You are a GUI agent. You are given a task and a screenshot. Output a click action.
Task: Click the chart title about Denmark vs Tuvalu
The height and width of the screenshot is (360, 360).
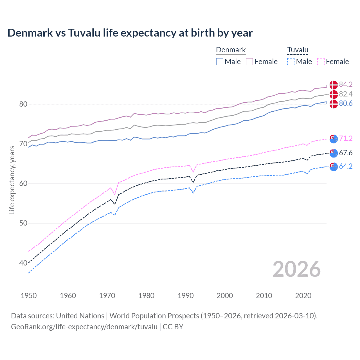click(x=130, y=33)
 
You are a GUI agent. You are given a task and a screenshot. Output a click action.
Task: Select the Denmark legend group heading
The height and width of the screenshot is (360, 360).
click(x=231, y=50)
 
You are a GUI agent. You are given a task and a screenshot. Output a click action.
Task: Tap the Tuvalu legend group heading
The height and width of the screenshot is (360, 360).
click(x=298, y=50)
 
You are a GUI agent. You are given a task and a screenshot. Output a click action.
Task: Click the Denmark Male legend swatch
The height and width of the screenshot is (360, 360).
click(x=220, y=62)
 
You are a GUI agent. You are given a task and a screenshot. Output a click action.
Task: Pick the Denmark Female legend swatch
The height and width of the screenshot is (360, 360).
click(x=249, y=62)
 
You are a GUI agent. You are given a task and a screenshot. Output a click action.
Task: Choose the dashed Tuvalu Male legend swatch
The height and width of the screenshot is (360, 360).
click(x=291, y=62)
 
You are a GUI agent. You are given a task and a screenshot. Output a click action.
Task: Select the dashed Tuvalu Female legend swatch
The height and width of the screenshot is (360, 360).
click(x=321, y=62)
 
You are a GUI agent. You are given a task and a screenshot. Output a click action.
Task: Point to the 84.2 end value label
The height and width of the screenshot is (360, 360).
click(x=346, y=84)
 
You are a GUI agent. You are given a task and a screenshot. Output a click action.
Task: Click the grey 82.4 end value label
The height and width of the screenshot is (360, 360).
click(x=346, y=94)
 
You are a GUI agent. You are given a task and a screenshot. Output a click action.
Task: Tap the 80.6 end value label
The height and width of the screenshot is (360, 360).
click(x=346, y=103)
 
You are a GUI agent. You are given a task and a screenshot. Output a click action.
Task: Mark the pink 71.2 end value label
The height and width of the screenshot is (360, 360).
click(x=346, y=138)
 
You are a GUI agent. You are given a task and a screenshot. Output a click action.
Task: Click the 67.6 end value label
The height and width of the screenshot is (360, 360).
click(x=346, y=153)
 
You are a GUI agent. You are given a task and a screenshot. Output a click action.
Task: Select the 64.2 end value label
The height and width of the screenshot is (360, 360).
click(x=346, y=166)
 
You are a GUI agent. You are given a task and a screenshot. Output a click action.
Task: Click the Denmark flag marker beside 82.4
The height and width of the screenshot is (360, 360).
click(x=334, y=94)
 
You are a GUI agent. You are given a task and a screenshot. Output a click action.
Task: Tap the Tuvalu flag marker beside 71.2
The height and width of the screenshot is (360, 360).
click(x=334, y=139)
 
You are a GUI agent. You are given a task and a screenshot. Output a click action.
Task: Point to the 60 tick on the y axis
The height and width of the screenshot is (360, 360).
click(x=23, y=184)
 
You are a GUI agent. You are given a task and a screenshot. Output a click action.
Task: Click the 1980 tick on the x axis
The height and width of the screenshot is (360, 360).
click(x=146, y=296)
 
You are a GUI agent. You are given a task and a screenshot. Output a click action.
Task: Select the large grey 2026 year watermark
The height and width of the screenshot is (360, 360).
click(x=297, y=269)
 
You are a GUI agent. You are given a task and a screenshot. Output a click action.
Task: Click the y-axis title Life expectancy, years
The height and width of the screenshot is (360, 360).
click(x=12, y=180)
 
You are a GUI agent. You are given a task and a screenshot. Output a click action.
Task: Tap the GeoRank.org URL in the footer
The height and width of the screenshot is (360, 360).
click(x=84, y=327)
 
